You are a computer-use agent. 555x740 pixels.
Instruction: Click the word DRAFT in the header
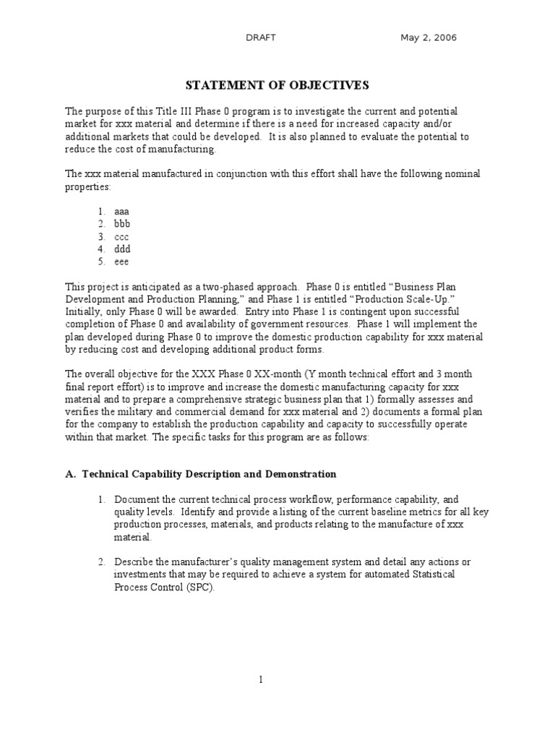click(x=261, y=38)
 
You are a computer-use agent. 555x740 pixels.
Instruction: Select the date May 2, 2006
click(x=429, y=38)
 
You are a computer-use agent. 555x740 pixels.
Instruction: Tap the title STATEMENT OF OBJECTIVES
click(x=277, y=85)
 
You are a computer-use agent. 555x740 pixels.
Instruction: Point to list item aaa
click(x=121, y=211)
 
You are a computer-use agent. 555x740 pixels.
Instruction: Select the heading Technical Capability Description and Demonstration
click(x=209, y=474)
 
